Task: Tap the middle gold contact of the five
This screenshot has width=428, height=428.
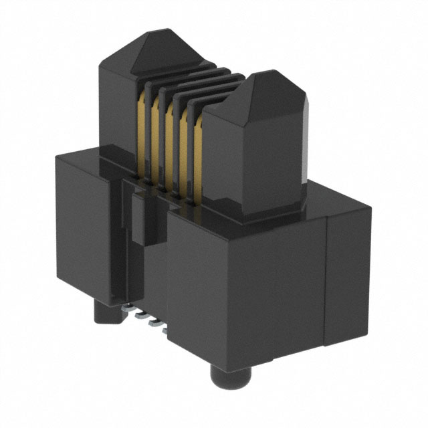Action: click(170, 140)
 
